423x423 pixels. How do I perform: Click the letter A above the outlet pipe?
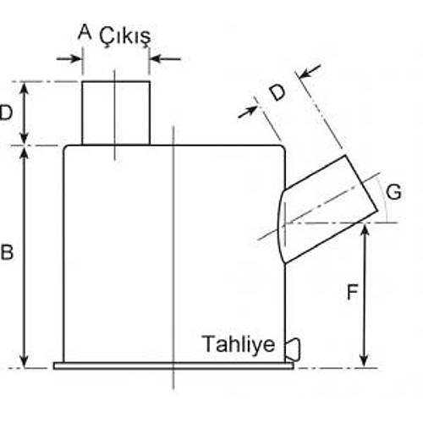point(83,32)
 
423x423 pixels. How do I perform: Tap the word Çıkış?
point(124,35)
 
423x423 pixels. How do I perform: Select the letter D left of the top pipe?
point(7,112)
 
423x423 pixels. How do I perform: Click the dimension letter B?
point(7,252)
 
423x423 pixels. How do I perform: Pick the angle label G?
point(393,192)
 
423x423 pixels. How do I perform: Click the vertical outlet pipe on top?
point(116,112)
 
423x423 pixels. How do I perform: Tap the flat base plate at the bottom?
point(173,365)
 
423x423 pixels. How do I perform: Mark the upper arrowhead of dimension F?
point(365,230)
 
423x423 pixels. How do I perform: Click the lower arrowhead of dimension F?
point(365,361)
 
